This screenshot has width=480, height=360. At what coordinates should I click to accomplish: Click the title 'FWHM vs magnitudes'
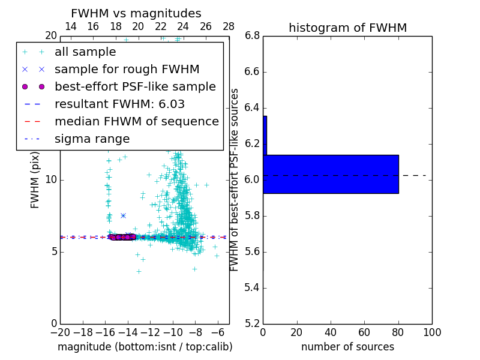pyautogui.click(x=136, y=14)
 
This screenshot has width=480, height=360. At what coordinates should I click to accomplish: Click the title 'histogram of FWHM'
pyautogui.click(x=347, y=28)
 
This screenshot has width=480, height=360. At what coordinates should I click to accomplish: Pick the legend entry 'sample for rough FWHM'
pyautogui.click(x=127, y=70)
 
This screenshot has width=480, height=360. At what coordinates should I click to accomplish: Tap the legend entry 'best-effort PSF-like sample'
pyautogui.click(x=135, y=87)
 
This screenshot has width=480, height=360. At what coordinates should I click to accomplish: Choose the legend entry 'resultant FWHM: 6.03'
pyautogui.click(x=119, y=104)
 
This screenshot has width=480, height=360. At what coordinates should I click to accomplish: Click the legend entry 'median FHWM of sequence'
pyautogui.click(x=136, y=122)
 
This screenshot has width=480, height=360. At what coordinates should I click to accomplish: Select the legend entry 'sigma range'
pyautogui.click(x=92, y=139)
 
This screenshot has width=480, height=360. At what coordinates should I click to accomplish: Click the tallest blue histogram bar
pyautogui.click(x=331, y=174)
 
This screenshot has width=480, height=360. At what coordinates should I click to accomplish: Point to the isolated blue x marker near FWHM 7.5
pyautogui.click(x=123, y=215)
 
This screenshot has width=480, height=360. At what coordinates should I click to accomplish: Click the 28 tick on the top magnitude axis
pyautogui.click(x=229, y=27)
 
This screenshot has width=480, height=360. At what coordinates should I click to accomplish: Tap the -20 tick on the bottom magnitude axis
pyautogui.click(x=60, y=332)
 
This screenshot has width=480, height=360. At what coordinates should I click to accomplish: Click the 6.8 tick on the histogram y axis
pyautogui.click(x=252, y=36)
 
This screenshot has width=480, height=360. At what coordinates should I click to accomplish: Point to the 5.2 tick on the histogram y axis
pyautogui.click(x=252, y=323)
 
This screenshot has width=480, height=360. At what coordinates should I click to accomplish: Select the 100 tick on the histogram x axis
pyautogui.click(x=431, y=332)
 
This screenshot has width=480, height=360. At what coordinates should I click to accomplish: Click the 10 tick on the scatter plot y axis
pyautogui.click(x=50, y=180)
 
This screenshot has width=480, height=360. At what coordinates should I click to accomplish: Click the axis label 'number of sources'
pyautogui.click(x=347, y=347)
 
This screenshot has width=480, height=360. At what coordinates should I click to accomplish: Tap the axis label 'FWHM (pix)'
pyautogui.click(x=35, y=179)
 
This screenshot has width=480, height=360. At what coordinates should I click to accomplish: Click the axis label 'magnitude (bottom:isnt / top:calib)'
pyautogui.click(x=145, y=347)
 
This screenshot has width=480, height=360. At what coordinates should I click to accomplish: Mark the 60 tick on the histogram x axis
pyautogui.click(x=364, y=332)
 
